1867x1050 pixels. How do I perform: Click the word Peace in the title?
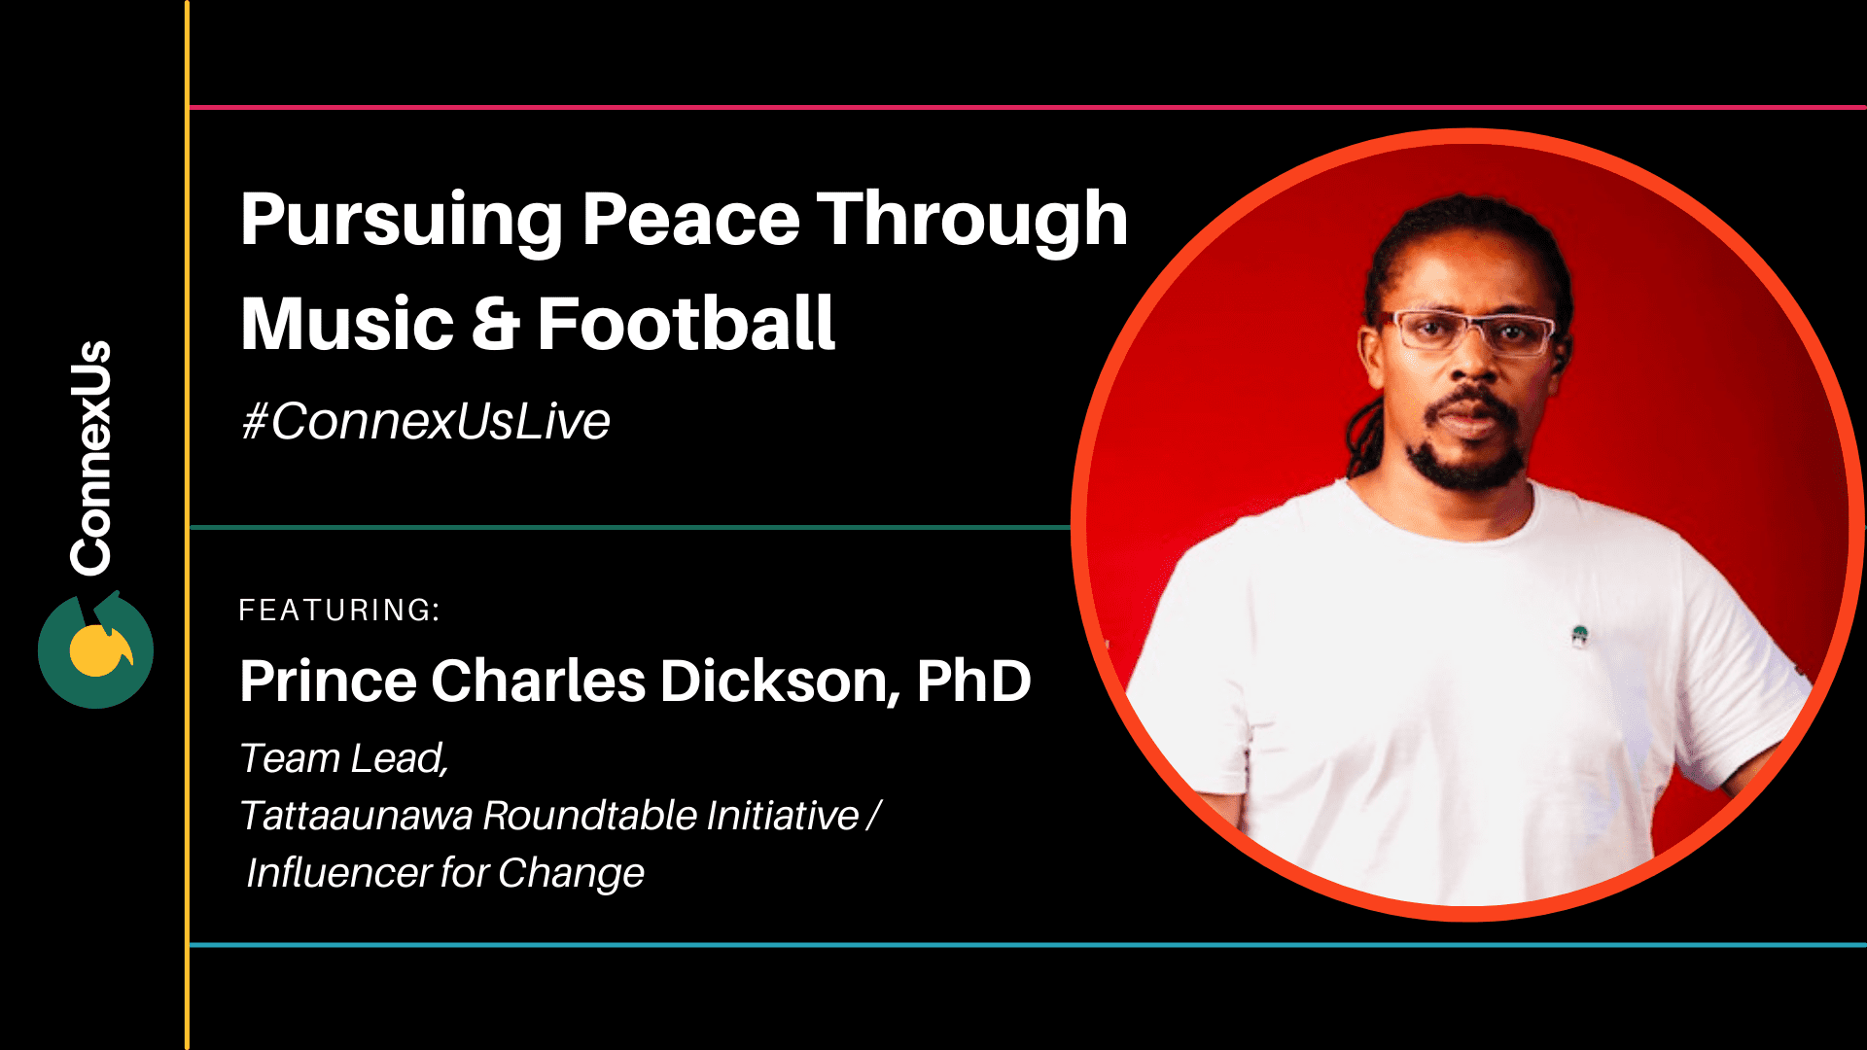[x=690, y=220]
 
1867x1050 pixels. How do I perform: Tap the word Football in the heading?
[x=686, y=324]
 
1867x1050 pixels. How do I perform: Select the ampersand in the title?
[x=495, y=325]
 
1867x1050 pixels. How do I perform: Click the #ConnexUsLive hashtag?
[x=426, y=422]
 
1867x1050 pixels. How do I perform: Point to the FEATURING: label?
[x=339, y=611]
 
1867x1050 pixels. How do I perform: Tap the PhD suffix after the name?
[x=973, y=681]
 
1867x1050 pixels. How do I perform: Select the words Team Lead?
[x=343, y=758]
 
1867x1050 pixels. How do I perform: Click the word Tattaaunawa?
[x=356, y=816]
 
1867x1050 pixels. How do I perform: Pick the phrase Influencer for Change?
[x=445, y=873]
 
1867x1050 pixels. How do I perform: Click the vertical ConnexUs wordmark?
[x=92, y=457]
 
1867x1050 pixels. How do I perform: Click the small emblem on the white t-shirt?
[x=1580, y=636]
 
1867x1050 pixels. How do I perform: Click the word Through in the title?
[x=971, y=220]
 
